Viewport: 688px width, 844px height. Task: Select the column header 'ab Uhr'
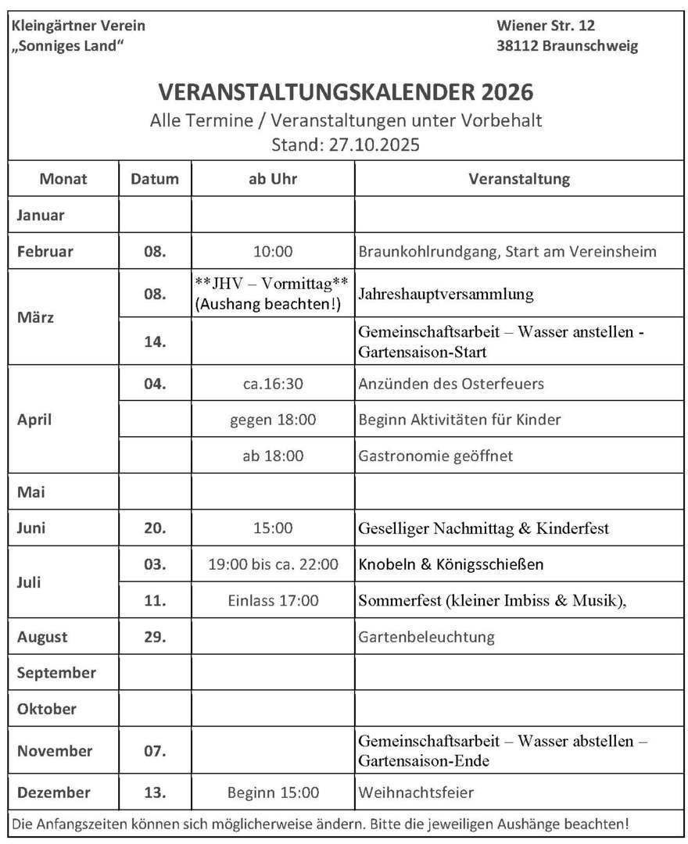273,179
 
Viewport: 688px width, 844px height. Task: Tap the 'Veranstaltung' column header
519,179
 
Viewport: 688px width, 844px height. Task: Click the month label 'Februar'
45,252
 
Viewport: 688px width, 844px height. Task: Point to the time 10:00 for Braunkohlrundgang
273,252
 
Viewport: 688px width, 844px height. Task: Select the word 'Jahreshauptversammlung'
446,294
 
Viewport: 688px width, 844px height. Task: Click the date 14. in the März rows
155,342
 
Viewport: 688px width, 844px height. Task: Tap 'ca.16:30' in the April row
273,384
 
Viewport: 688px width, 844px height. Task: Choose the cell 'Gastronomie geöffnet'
435,456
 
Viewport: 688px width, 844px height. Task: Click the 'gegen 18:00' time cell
273,420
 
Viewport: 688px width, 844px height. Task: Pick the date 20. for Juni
155,528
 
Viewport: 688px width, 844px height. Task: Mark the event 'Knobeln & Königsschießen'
450,564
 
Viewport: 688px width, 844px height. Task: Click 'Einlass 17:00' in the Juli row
273,600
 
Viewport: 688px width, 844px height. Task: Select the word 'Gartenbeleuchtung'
426,637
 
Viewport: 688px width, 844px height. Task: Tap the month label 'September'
56,673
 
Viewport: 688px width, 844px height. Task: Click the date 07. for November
155,751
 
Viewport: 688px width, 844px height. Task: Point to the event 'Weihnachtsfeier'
416,792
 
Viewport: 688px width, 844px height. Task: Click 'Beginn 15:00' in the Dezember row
273,792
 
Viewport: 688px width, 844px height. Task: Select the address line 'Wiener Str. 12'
546,26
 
